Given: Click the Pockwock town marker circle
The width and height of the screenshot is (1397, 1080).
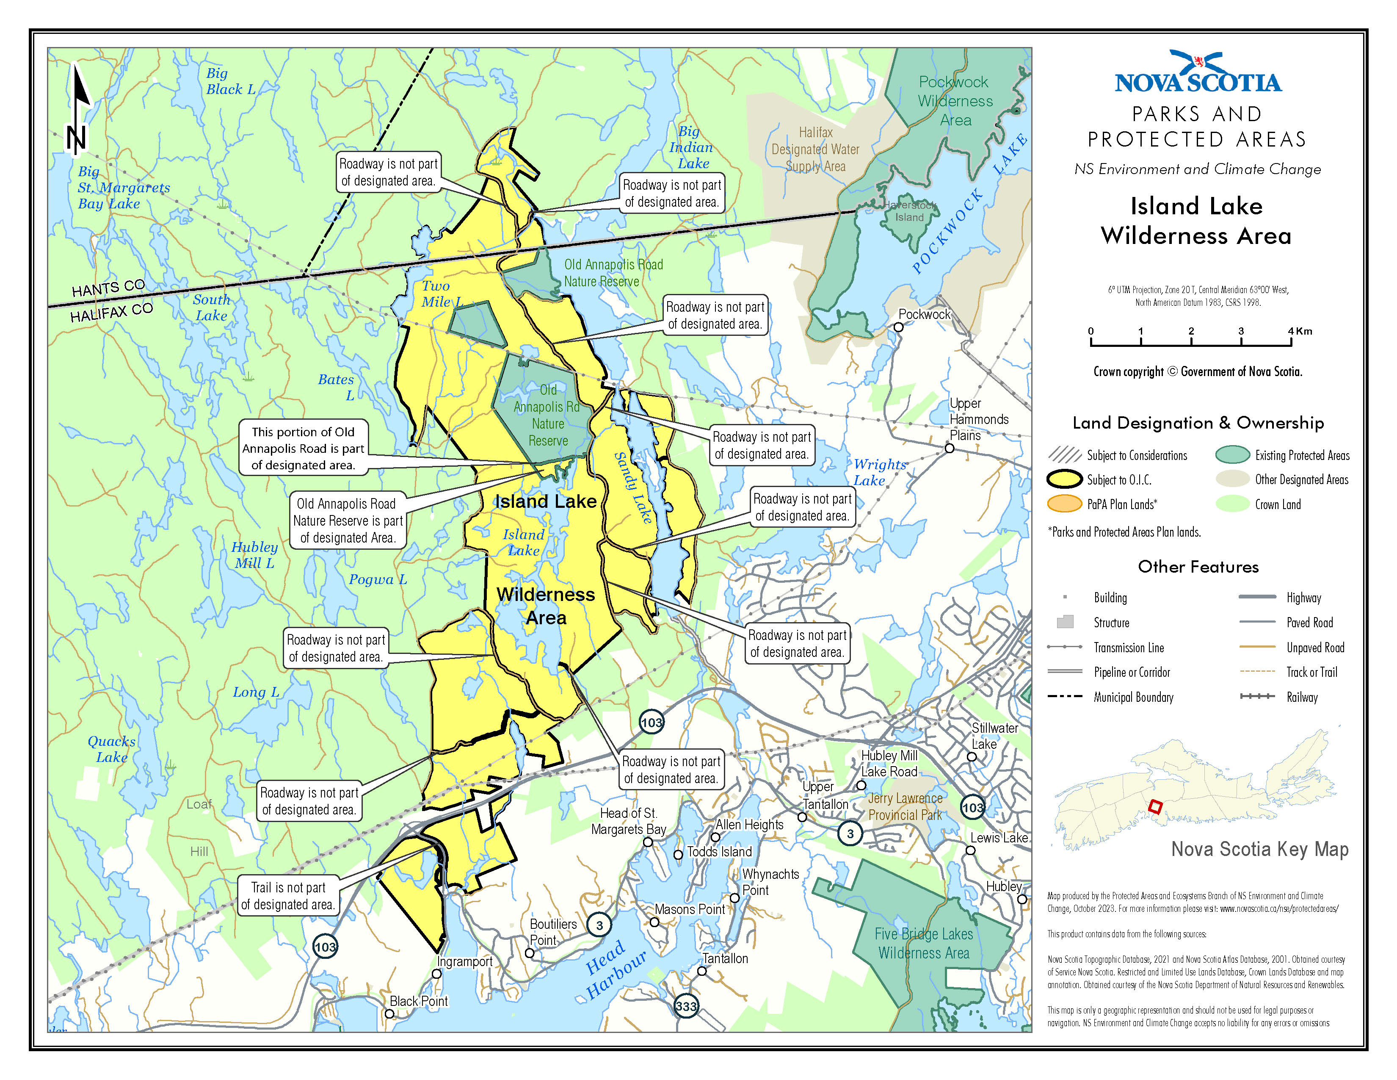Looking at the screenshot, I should point(898,327).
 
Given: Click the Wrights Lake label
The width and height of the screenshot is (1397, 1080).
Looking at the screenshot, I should point(879,472).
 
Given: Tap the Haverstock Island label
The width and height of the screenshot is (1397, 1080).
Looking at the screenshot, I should point(910,211).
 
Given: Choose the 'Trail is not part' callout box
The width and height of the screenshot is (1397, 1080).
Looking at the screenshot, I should point(288,895).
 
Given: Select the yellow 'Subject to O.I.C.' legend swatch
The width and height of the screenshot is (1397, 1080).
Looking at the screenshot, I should point(1064,479).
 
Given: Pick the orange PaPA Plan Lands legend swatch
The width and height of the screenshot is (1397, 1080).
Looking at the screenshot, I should point(1064,504).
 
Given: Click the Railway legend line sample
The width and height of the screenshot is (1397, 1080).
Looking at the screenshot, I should point(1256,696).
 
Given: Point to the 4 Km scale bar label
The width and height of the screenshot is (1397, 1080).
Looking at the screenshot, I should point(1300,331).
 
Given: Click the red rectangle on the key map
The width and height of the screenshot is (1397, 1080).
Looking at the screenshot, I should point(1154,806).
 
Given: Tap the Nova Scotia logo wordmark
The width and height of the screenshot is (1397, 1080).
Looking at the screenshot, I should point(1198,82).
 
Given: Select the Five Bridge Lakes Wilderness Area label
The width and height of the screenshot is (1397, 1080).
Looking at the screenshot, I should point(924,943).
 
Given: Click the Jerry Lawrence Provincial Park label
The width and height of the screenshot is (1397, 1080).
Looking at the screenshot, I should point(905,806).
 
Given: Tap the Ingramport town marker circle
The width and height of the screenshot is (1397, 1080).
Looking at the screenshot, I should point(436,974).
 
